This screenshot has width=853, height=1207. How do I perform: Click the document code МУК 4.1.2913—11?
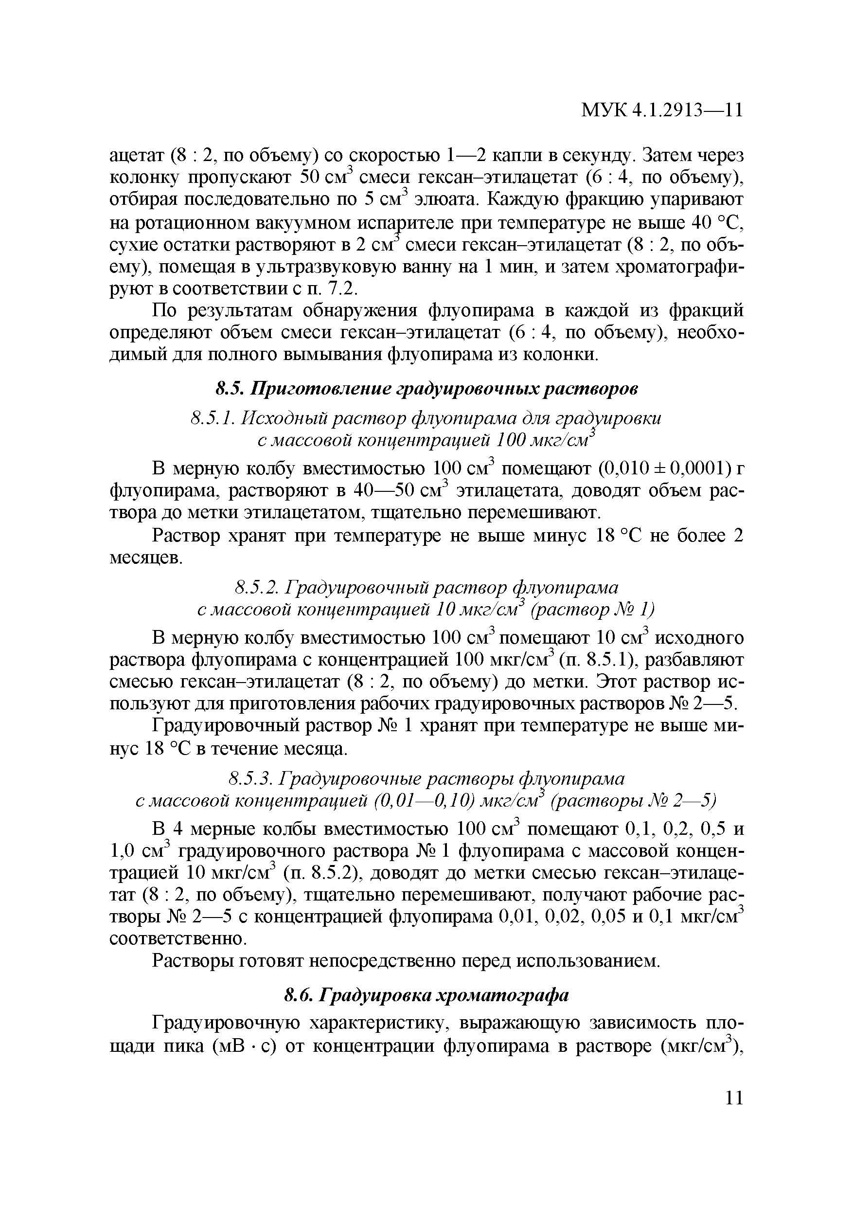click(662, 110)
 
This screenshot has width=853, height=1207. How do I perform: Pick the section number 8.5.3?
click(251, 777)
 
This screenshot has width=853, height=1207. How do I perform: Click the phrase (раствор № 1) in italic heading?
click(593, 610)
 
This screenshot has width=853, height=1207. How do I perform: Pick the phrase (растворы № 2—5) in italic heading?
click(633, 800)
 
